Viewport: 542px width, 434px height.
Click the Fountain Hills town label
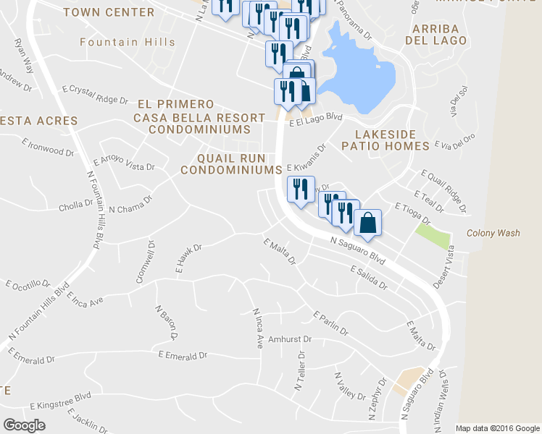[128, 42]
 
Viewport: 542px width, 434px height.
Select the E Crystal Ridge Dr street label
[95, 95]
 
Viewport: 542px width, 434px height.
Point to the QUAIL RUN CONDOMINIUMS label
[230, 163]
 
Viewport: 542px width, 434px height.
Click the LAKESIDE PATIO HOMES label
[392, 140]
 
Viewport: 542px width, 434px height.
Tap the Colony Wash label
[493, 233]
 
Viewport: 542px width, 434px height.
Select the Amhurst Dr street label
[290, 339]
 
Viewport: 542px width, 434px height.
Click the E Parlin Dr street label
[331, 323]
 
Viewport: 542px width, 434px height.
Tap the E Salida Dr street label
[368, 277]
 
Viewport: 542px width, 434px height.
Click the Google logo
[24, 425]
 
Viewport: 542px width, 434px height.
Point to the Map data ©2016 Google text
[496, 428]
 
